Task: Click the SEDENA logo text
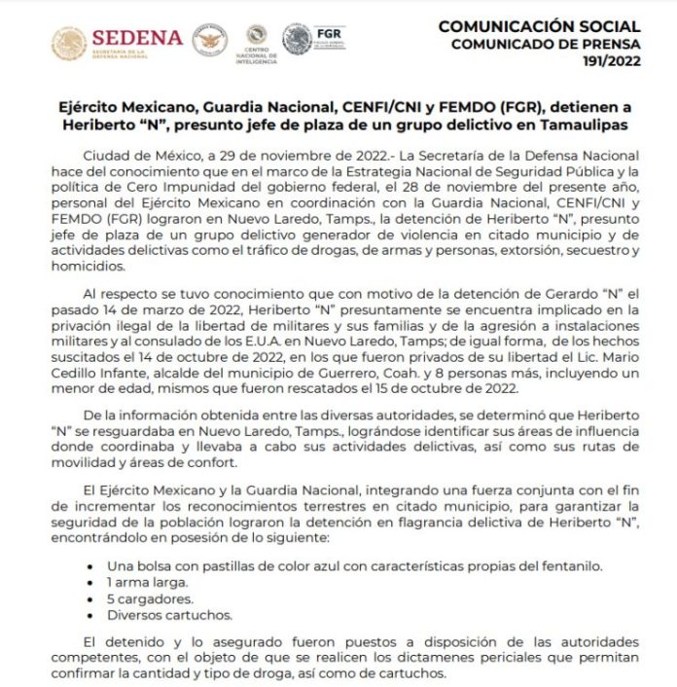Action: pyautogui.click(x=139, y=37)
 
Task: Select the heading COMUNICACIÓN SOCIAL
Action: pyautogui.click(x=540, y=26)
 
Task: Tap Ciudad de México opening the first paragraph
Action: pyautogui.click(x=142, y=156)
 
